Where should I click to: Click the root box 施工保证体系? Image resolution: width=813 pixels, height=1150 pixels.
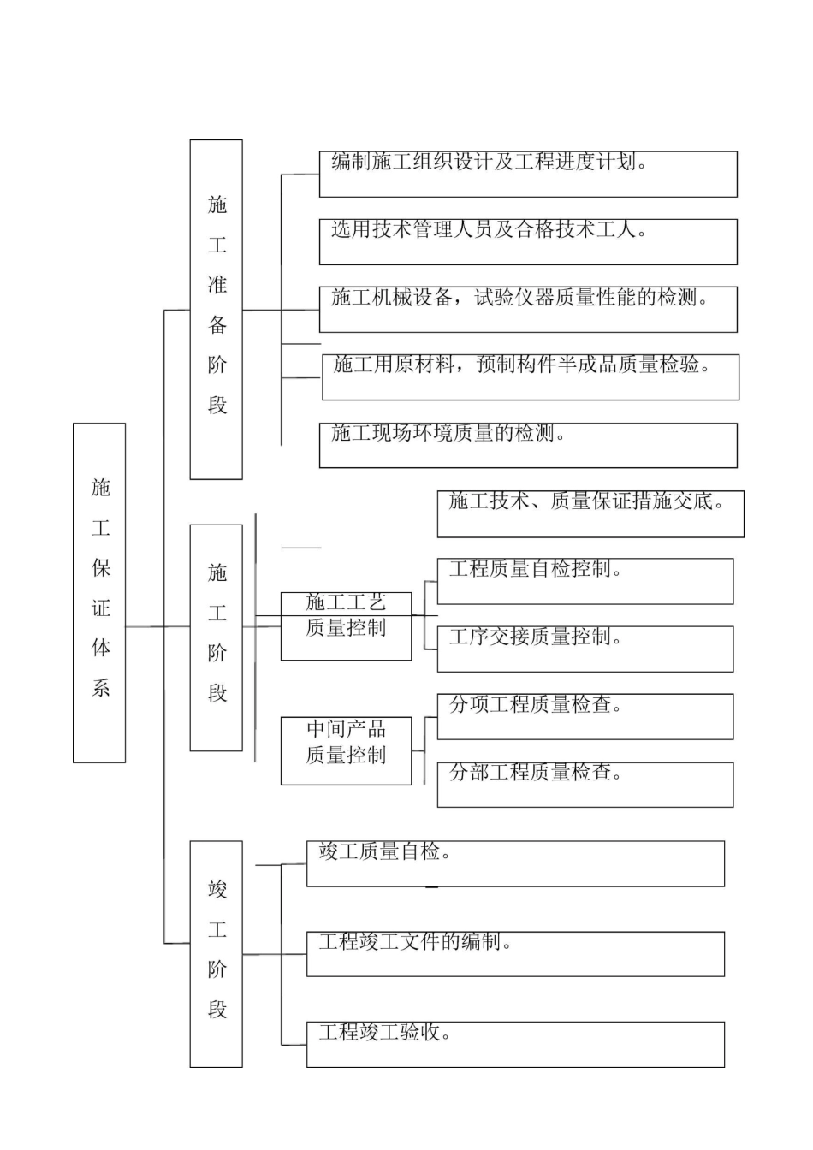(x=99, y=592)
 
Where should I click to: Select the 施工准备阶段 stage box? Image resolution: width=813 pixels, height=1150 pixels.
(x=216, y=309)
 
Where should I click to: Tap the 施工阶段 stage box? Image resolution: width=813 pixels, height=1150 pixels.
(x=216, y=637)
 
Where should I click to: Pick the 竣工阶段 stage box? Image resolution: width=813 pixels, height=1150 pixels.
(x=216, y=953)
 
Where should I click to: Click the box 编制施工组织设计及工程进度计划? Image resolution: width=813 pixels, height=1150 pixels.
(x=528, y=174)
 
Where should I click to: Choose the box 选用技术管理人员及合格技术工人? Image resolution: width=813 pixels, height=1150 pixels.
(x=528, y=241)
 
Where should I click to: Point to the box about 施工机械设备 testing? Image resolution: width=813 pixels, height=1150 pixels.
(x=528, y=309)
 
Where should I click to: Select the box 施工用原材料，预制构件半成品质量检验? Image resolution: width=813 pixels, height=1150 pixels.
(x=531, y=376)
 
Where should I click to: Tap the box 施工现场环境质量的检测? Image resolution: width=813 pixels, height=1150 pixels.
(x=528, y=445)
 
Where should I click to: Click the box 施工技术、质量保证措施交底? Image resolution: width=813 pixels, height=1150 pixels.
(x=590, y=513)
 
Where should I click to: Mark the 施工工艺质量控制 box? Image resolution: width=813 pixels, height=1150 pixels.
(x=346, y=625)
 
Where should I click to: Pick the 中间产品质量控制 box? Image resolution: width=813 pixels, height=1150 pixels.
(x=346, y=750)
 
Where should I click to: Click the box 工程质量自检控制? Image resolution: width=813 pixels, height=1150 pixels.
(x=585, y=581)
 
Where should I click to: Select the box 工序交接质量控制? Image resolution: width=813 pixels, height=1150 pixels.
(x=585, y=649)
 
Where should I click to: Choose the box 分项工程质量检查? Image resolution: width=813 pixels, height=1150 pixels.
(x=585, y=716)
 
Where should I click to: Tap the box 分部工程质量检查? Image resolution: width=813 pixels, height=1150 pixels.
(x=585, y=784)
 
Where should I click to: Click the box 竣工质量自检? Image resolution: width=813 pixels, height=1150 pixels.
(x=515, y=863)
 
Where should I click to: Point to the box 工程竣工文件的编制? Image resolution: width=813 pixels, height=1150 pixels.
(x=515, y=953)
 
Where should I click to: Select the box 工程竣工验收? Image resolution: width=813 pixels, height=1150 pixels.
(x=515, y=1044)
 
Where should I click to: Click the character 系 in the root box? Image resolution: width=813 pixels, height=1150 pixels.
(x=100, y=687)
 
